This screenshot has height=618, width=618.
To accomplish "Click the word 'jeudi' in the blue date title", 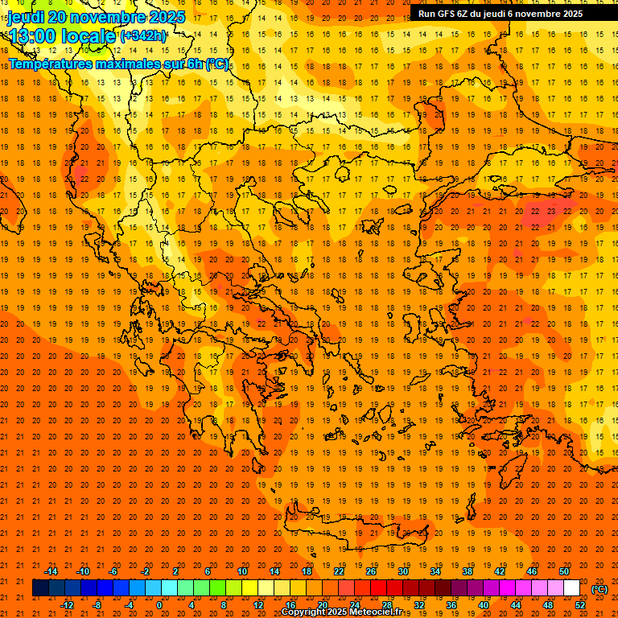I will point(25,17).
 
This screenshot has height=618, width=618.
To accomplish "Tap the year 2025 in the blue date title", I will point(166,17).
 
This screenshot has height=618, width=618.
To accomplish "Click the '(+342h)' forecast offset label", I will point(143,36).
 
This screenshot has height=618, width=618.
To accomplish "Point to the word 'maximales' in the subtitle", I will point(132,64).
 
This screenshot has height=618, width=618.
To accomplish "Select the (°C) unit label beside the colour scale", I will point(599,589).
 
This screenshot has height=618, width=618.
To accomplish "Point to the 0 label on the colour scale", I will point(159,605).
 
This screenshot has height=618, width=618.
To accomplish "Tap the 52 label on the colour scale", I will point(580,605).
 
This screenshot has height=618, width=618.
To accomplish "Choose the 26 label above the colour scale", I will point(371,571).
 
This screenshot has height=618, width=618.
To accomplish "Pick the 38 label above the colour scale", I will point(468,571).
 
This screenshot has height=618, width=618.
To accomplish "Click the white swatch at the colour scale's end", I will point(572,588).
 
